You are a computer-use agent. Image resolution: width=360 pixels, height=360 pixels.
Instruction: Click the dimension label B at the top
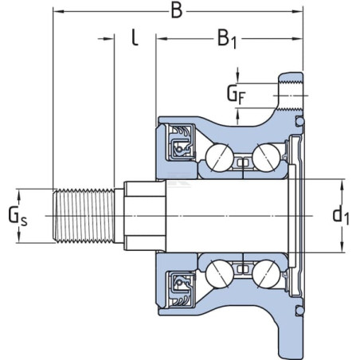[177, 11]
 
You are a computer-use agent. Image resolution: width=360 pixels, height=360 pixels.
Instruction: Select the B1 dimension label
[227, 39]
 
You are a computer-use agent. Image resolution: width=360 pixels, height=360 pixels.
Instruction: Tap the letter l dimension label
[135, 37]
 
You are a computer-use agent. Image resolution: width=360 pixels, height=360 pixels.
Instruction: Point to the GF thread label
[236, 95]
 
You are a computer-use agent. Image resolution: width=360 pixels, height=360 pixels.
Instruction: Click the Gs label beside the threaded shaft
[18, 216]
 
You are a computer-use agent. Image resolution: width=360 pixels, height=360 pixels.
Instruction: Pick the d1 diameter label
[341, 216]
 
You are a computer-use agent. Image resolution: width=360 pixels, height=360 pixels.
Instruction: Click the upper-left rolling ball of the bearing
[220, 158]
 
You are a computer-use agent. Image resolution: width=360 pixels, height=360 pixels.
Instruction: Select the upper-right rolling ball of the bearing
[266, 157]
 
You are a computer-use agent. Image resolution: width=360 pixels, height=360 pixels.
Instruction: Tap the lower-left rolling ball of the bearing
[220, 273]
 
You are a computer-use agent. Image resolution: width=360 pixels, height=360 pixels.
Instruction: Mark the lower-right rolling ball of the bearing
[266, 274]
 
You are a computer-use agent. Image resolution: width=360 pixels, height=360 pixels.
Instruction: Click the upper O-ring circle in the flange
[300, 121]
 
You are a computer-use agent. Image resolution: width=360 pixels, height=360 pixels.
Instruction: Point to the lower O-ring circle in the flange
[300, 310]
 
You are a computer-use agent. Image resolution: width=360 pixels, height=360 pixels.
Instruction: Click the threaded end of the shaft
[84, 216]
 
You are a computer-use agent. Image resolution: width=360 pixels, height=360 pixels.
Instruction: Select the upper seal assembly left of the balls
[181, 142]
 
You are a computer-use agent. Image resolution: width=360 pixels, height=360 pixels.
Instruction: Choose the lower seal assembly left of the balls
[181, 289]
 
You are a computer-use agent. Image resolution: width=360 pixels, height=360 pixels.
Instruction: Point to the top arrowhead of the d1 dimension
[342, 185]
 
